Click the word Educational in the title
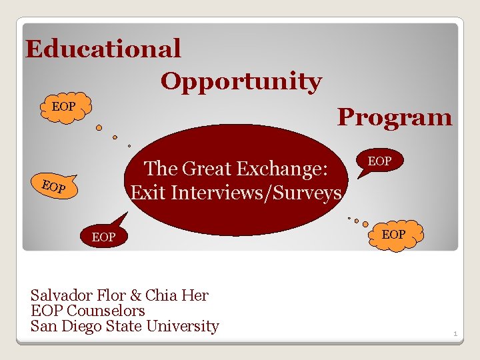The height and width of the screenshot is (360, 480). tap(103, 49)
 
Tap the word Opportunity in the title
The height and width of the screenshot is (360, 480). tap(241, 82)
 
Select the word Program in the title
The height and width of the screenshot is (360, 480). tap(395, 117)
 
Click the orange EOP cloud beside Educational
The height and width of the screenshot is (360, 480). tap(64, 107)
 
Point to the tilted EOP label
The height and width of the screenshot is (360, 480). tap(53, 187)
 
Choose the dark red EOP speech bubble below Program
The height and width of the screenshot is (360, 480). tap(379, 162)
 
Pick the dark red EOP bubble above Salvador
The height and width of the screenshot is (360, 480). tap(103, 237)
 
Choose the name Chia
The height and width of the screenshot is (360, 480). tap(161, 295)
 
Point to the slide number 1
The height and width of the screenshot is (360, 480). tap(455, 333)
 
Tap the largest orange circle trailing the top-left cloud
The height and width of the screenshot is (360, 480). tap(99, 127)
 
